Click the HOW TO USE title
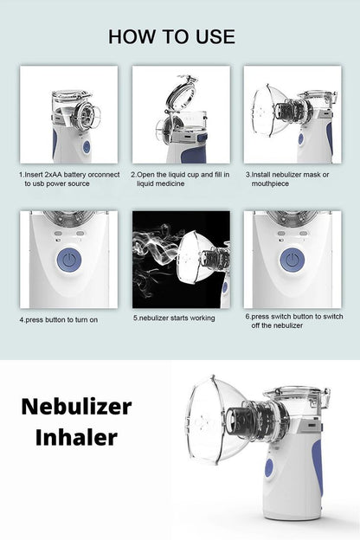pos(171,36)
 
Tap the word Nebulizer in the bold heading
pos(76,407)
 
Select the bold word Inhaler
pos(76,437)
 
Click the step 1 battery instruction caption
pos(69,178)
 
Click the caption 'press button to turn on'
pos(59,319)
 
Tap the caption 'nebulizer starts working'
pos(174,318)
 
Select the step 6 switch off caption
pos(293,320)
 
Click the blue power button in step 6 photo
pos(292,260)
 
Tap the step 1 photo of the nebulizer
pos(69,115)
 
